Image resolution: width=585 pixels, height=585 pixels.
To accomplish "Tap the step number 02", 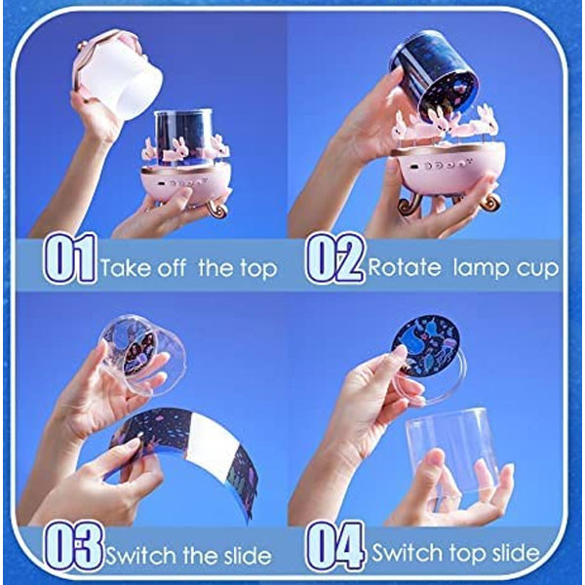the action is pos(334,258).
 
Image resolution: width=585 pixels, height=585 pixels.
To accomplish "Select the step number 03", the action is pos(73,546).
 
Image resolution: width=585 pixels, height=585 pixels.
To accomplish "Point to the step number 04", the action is pos(334,546).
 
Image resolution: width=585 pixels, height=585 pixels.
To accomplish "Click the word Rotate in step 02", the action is pos(404,267).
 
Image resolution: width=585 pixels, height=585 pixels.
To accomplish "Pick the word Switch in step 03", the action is pos(141,556).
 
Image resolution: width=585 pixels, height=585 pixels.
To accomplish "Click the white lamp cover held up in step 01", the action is pos(117,75).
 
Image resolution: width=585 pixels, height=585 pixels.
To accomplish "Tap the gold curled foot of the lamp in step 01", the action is pos(216,209).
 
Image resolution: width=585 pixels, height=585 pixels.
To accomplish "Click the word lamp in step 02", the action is pos(477,269).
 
